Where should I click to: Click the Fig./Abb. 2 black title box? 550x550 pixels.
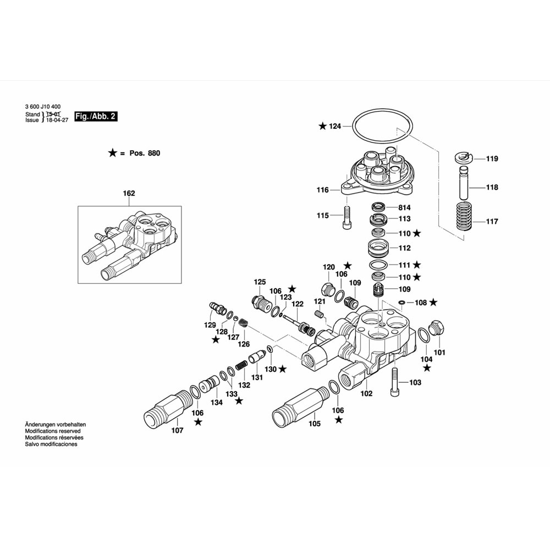96,117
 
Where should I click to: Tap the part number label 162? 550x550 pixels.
129,193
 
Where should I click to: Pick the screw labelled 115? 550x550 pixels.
346,217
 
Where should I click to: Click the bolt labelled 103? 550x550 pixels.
394,382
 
